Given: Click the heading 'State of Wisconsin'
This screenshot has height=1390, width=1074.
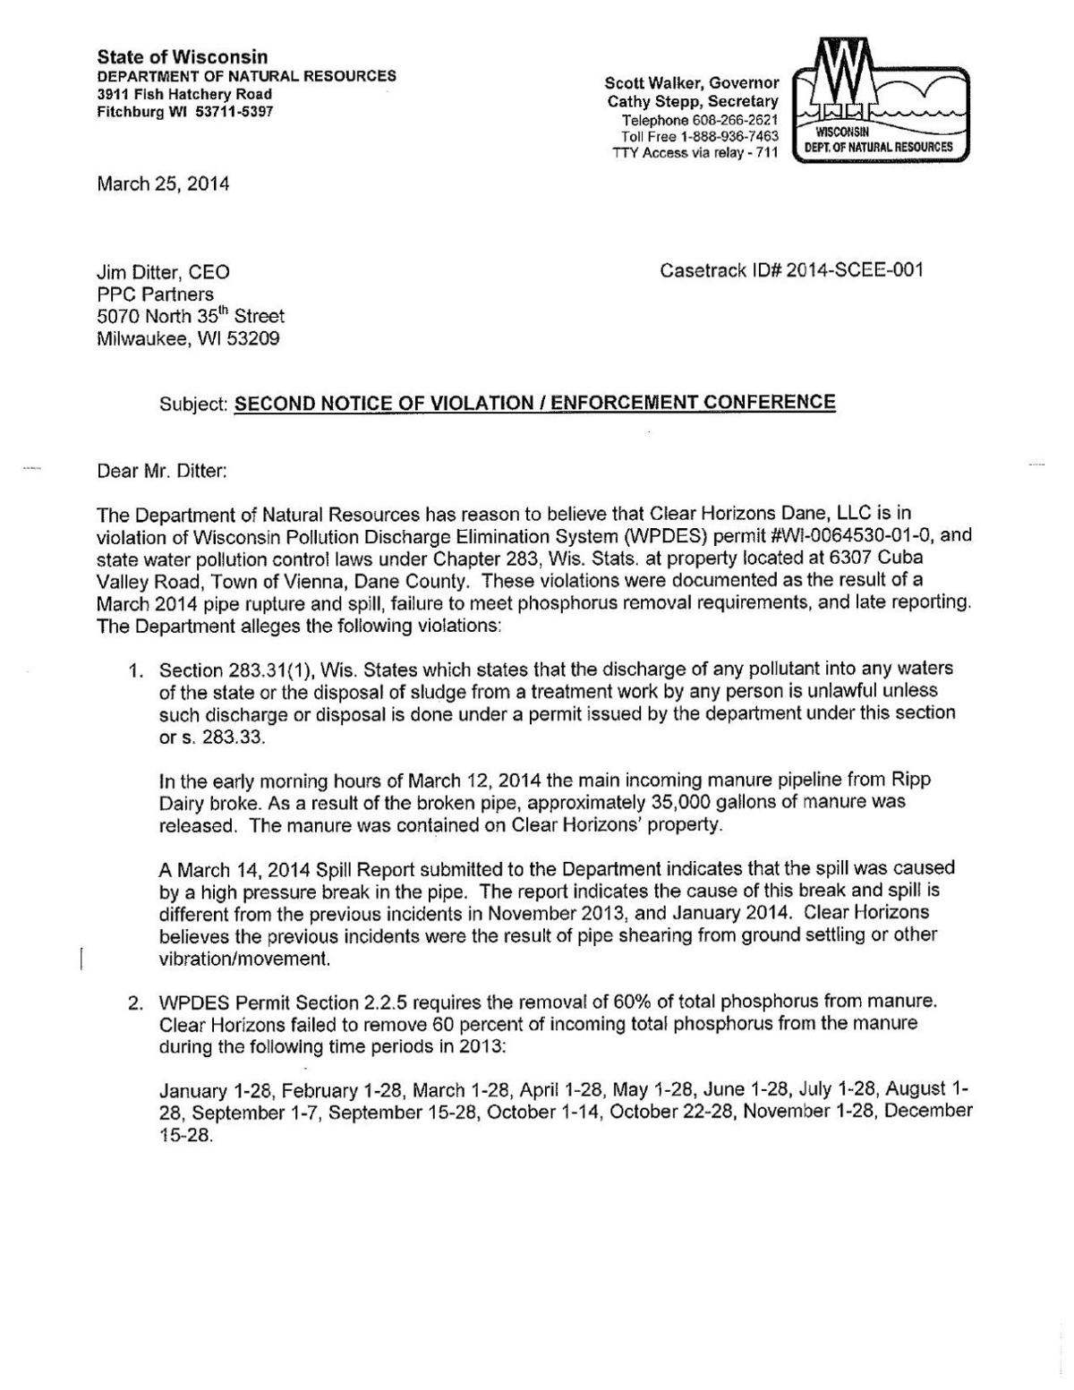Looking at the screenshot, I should pyautogui.click(x=183, y=57).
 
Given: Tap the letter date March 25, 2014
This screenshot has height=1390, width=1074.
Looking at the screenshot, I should pyautogui.click(x=163, y=184).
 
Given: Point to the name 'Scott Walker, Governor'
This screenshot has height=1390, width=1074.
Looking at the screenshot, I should pyautogui.click(x=692, y=83).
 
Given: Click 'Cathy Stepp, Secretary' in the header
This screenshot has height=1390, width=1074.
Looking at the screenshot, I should pyautogui.click(x=693, y=102).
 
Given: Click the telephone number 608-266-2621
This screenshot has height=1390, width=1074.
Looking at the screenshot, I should pyautogui.click(x=730, y=120).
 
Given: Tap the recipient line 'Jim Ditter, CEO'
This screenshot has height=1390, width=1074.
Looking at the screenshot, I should pyautogui.click(x=163, y=271).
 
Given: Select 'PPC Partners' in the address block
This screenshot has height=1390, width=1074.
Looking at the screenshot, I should pyautogui.click(x=155, y=294).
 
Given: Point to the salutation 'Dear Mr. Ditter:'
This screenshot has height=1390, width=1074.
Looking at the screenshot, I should pyautogui.click(x=162, y=471).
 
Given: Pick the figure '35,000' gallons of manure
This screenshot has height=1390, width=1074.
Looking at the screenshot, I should pyautogui.click(x=554, y=802).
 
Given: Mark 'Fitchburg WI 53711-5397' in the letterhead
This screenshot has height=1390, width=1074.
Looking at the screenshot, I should pyautogui.click(x=185, y=112).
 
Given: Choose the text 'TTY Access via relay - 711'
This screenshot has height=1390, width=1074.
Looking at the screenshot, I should pyautogui.click(x=695, y=153).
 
